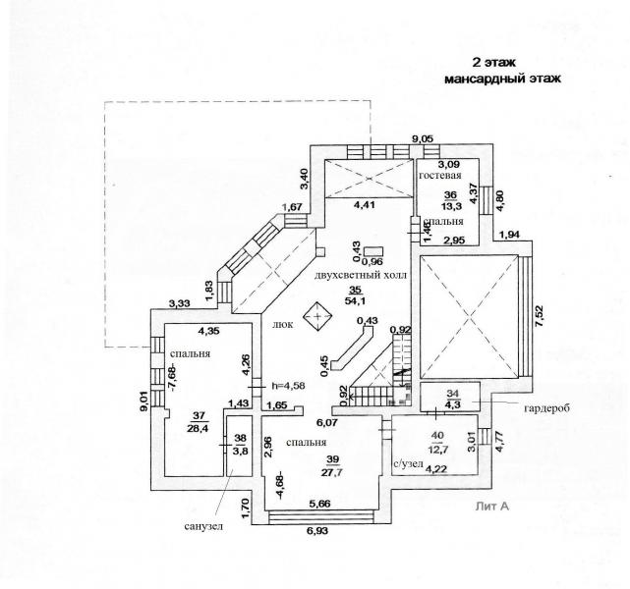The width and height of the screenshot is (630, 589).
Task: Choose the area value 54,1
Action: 356,302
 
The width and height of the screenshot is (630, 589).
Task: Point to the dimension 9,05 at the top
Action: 422,139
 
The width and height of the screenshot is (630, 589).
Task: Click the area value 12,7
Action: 437,451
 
